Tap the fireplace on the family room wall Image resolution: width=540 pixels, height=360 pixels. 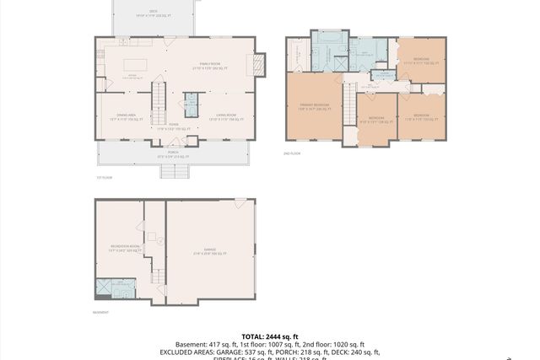[259, 64]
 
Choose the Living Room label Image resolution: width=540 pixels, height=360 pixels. [224, 118]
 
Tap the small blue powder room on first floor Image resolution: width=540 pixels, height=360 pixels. [190, 104]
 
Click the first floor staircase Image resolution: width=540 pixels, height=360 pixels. [158, 98]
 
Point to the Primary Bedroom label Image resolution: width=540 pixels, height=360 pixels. [313, 106]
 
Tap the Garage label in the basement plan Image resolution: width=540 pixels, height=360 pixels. [210, 250]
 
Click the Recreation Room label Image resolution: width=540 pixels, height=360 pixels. [118, 250]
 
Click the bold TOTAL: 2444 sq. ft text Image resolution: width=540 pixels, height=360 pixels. [270, 336]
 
